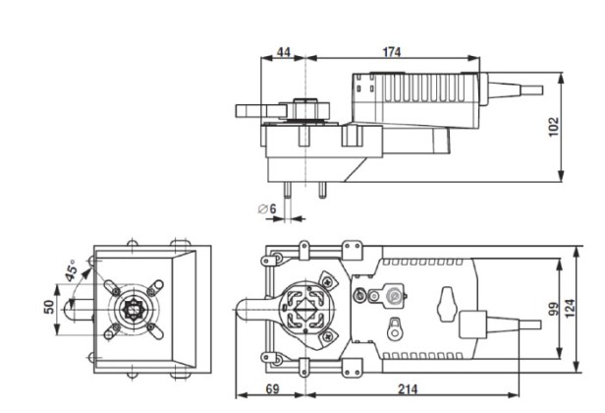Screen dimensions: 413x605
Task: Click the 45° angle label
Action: pos(71,270)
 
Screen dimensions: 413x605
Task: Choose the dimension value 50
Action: pos(49,306)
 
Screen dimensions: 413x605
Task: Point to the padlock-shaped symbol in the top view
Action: pos(395,326)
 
